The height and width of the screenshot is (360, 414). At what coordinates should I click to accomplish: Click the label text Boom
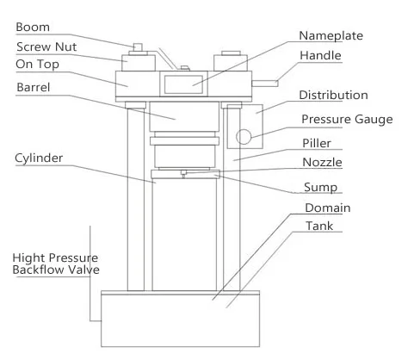coord(33,28)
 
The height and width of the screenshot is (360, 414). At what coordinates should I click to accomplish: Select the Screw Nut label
coord(46,47)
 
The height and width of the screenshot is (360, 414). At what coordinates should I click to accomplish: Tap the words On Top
coord(37,65)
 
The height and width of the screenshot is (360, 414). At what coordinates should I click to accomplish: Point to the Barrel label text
coord(34,87)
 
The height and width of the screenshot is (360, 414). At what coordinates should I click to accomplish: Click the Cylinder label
coord(39,158)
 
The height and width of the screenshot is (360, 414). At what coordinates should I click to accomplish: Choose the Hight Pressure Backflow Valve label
coord(56,264)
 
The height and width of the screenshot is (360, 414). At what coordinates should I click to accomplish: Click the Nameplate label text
coord(331,36)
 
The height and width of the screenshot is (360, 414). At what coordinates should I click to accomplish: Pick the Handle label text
coord(320,55)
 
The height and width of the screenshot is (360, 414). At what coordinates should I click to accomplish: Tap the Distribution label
coord(333,95)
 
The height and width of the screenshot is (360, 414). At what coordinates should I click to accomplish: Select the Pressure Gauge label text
coord(347,120)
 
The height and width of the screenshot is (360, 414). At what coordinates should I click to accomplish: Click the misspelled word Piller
coord(317,143)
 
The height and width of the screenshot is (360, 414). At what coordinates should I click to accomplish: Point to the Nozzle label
coord(322,163)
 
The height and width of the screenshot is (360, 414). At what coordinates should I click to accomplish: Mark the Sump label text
coord(320,188)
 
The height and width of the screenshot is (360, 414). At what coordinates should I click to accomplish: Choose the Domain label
coord(328,208)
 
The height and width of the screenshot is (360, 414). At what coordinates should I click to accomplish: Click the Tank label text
coord(319,226)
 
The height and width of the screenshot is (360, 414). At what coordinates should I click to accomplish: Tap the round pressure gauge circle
coord(244,137)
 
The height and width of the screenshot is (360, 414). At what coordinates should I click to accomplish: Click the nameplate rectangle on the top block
coord(183,84)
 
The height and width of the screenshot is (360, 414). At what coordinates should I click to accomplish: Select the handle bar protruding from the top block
coord(265,84)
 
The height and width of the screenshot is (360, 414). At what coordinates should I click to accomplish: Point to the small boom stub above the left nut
coord(138,47)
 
